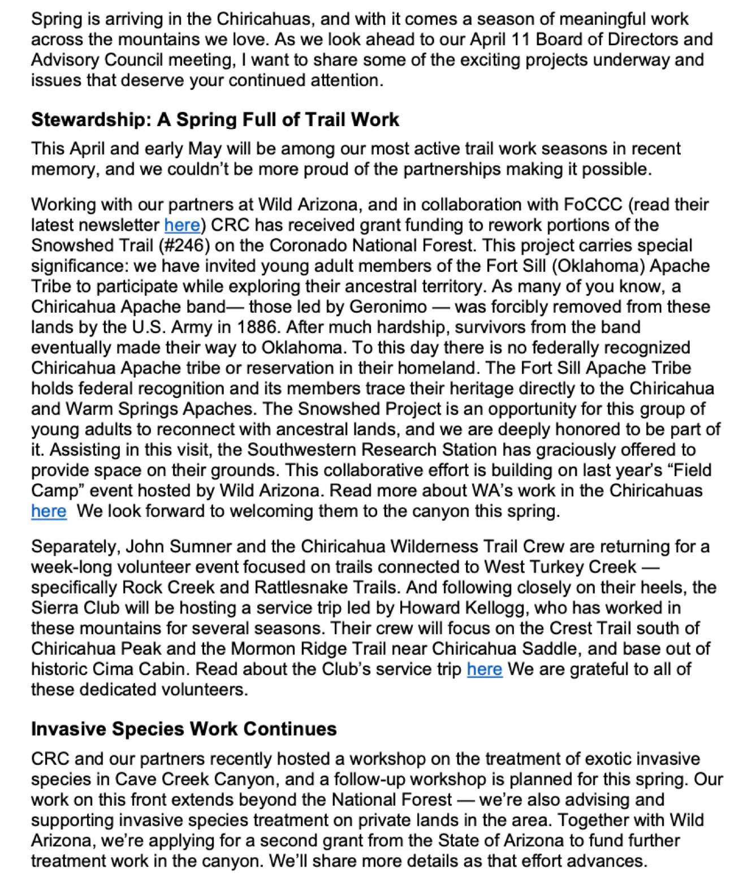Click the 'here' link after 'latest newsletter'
pyautogui.click(x=182, y=225)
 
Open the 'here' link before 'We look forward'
pyautogui.click(x=49, y=511)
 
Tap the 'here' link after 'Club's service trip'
pyautogui.click(x=484, y=669)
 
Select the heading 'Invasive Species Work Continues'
pyautogui.click(x=184, y=729)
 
